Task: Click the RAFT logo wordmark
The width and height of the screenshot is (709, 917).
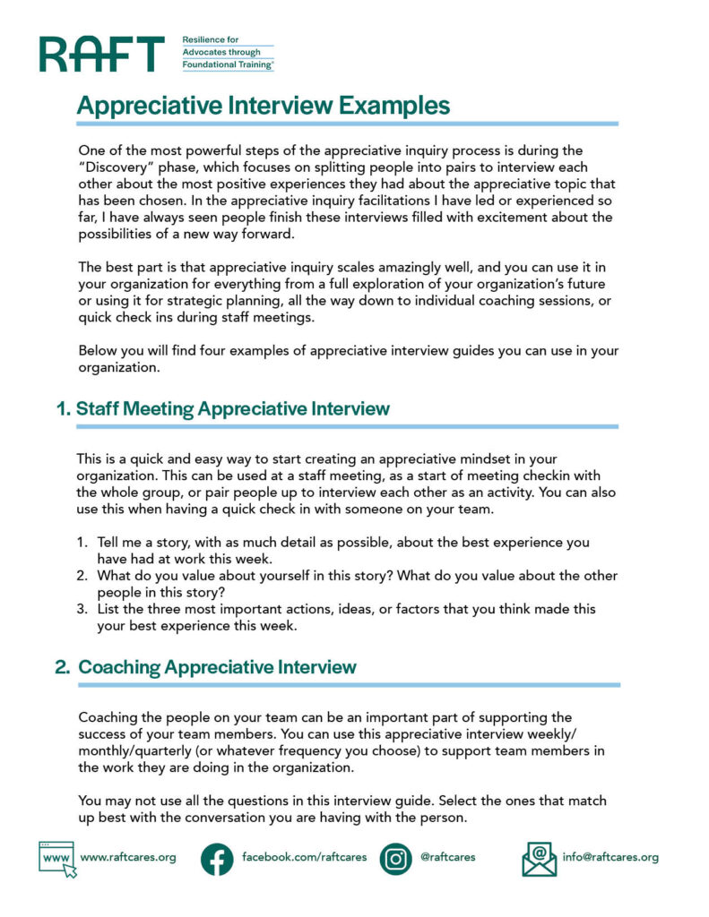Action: pyautogui.click(x=101, y=54)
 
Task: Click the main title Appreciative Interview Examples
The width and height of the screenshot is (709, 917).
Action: pyautogui.click(x=264, y=106)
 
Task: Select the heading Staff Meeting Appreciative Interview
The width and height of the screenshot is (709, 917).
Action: pyautogui.click(x=233, y=409)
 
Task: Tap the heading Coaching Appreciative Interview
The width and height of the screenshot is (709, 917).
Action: pyautogui.click(x=218, y=667)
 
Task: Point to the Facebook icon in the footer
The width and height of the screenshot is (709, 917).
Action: pyautogui.click(x=217, y=858)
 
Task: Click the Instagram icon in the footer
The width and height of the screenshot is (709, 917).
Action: pyautogui.click(x=395, y=858)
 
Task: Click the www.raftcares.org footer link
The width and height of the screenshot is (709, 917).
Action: pyautogui.click(x=128, y=857)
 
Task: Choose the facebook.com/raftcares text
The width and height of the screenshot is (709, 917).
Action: pyautogui.click(x=305, y=857)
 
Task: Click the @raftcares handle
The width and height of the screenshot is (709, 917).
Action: pyautogui.click(x=447, y=857)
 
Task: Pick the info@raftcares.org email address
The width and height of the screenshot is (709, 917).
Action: pyautogui.click(x=610, y=857)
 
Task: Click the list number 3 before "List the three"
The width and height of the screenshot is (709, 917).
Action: pyautogui.click(x=81, y=609)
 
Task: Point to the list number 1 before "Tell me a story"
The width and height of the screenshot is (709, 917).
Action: pyautogui.click(x=81, y=543)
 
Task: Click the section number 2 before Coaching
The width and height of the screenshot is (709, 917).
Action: pyautogui.click(x=62, y=667)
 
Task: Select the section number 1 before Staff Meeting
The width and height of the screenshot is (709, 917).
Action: pyautogui.click(x=62, y=409)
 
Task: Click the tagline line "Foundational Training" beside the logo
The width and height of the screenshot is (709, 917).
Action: pyautogui.click(x=228, y=65)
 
